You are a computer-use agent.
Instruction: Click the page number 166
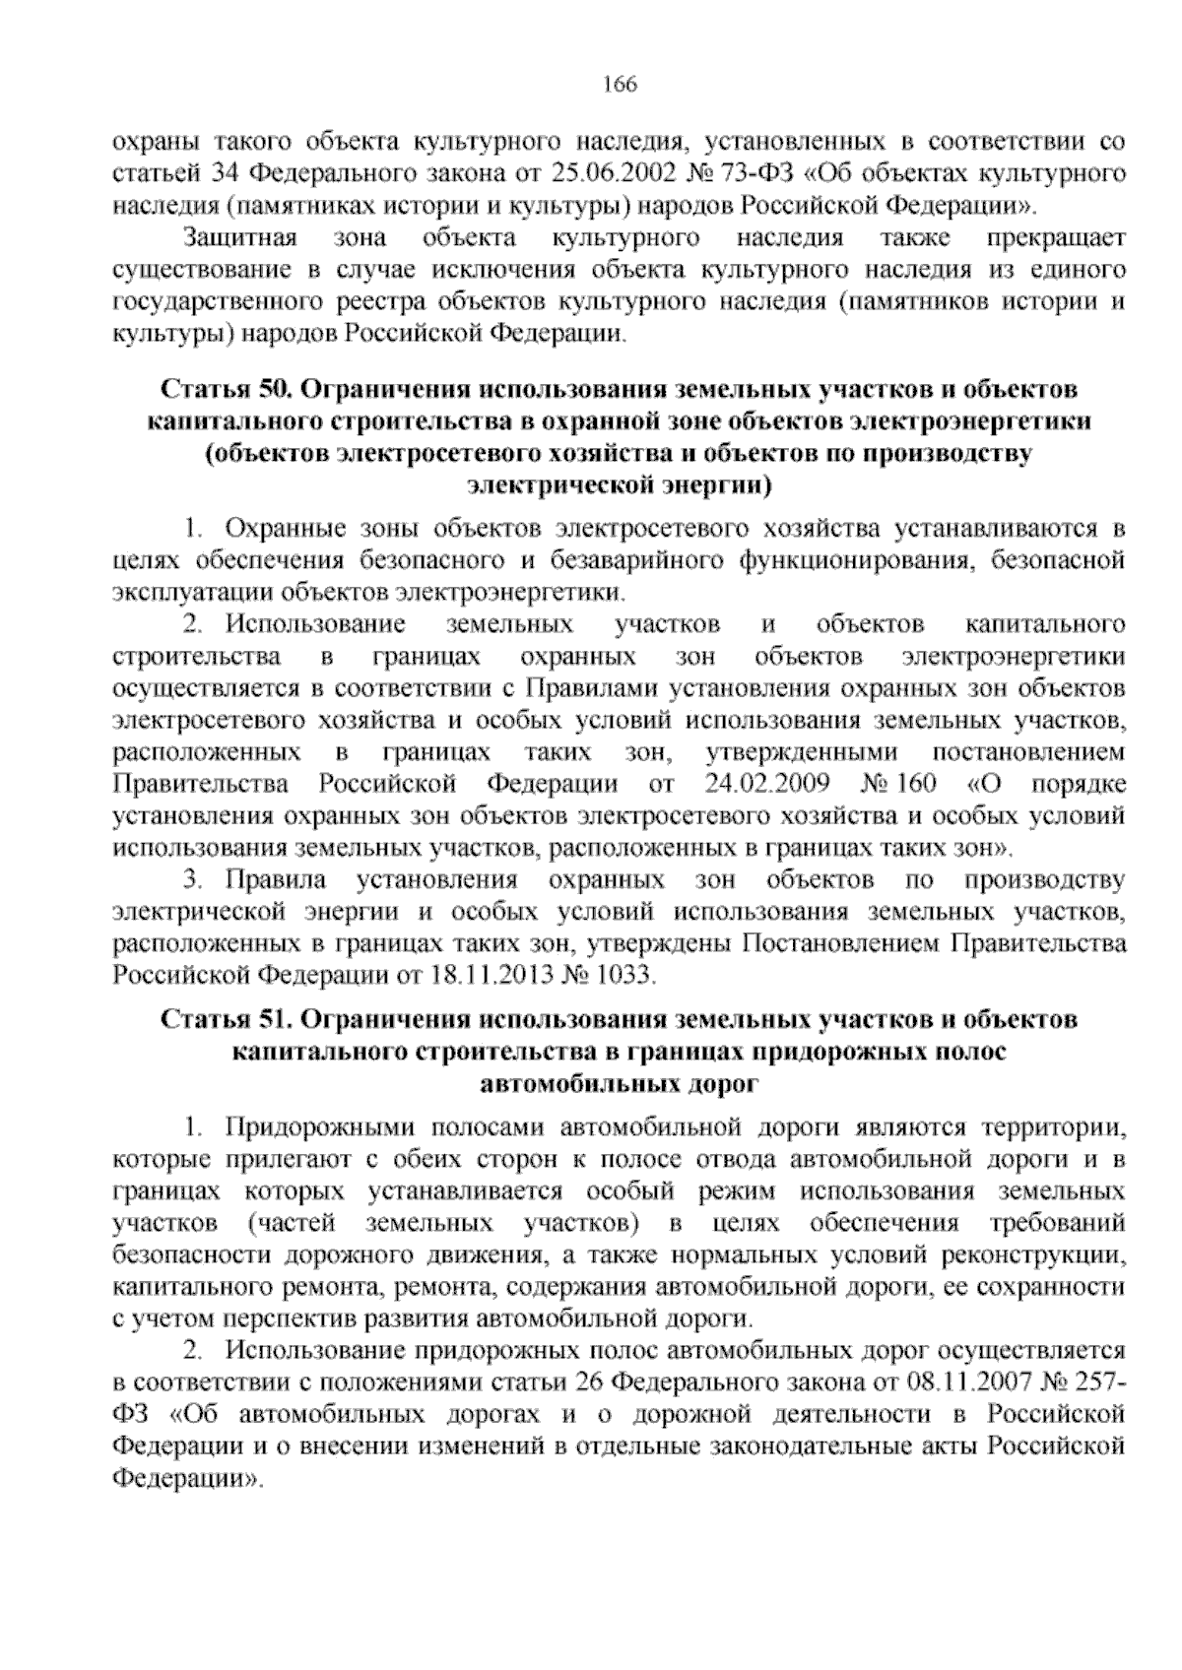[620, 85]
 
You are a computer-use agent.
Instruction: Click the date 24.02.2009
[770, 784]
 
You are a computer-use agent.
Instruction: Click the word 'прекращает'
[1053, 238]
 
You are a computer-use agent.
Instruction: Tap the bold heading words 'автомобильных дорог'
[620, 1084]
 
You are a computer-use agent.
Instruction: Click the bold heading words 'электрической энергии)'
[620, 485]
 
